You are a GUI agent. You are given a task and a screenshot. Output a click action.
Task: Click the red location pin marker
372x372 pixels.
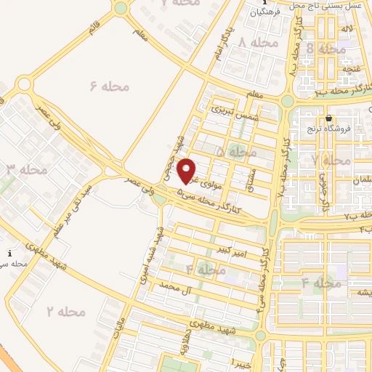tap(188, 171)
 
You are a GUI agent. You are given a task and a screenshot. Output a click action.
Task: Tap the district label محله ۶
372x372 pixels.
tap(110, 86)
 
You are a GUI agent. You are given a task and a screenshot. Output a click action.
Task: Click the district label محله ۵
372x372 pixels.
tap(236, 153)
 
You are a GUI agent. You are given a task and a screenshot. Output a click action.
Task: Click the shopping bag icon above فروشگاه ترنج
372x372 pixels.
tap(329, 118)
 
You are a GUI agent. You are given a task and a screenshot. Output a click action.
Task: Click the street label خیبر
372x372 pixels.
tap(241, 361)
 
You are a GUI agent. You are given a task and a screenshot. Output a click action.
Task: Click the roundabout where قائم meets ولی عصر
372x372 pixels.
tap(25, 84)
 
